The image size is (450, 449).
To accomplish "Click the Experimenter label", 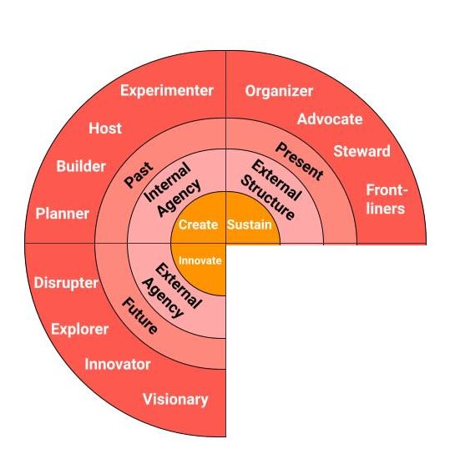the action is [167, 91].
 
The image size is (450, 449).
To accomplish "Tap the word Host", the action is [105, 129].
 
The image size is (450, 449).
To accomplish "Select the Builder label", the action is [81, 166].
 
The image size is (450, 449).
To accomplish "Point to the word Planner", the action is [63, 214].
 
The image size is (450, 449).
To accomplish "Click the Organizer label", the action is [279, 92].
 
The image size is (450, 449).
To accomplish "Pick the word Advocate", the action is [330, 119].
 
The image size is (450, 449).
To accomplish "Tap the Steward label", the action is [362, 151].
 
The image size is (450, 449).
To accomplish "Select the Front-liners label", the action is [387, 199].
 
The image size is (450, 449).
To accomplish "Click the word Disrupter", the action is [66, 283].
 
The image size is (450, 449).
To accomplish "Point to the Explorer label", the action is [80, 329].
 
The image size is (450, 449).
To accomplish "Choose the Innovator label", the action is [118, 365].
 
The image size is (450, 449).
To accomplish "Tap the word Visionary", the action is [175, 400].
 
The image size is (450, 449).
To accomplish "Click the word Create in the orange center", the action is [198, 224].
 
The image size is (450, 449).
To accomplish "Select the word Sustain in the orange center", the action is [250, 224].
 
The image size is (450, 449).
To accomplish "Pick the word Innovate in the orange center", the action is [200, 260].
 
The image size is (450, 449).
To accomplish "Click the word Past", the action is [139, 175].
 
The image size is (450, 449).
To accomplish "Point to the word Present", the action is [300, 162].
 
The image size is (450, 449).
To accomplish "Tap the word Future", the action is [139, 315].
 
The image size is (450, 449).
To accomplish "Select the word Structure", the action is [267, 198].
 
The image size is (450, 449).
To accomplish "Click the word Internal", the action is [167, 182].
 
